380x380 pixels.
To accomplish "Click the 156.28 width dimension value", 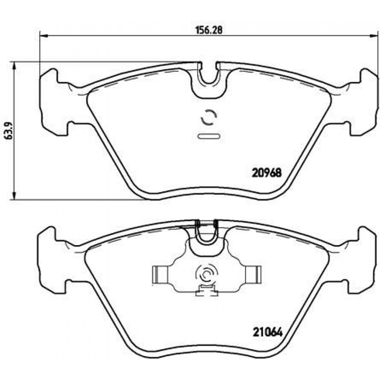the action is (x=209, y=30).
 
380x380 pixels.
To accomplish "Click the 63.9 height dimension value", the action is (x=9, y=130).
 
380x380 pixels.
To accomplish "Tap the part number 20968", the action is (x=267, y=173).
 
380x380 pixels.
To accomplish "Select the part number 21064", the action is (x=268, y=332).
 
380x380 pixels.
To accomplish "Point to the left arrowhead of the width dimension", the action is (x=44, y=36).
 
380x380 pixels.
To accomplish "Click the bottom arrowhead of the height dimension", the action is (x=14, y=195).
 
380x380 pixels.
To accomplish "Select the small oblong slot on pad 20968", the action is (x=209, y=136).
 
